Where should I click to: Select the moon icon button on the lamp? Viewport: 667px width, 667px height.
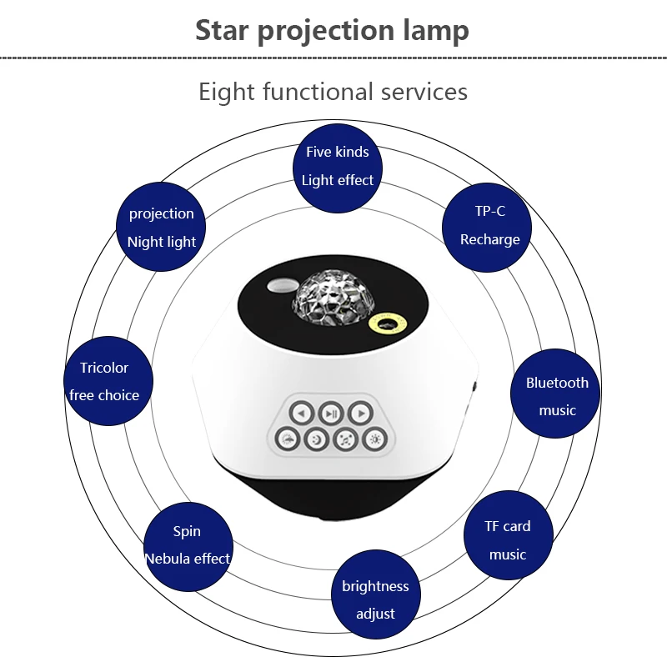(315, 439)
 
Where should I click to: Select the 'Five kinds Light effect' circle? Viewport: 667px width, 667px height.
(337, 166)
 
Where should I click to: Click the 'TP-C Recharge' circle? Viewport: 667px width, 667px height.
(490, 225)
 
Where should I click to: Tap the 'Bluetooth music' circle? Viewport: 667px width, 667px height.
(556, 395)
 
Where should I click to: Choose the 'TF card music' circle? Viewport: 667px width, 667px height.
(508, 539)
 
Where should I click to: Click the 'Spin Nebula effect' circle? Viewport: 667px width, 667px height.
(188, 544)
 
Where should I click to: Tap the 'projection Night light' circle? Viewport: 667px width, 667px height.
(161, 228)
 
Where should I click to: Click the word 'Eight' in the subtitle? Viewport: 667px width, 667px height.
(227, 91)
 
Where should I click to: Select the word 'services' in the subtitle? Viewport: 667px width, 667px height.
(424, 91)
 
